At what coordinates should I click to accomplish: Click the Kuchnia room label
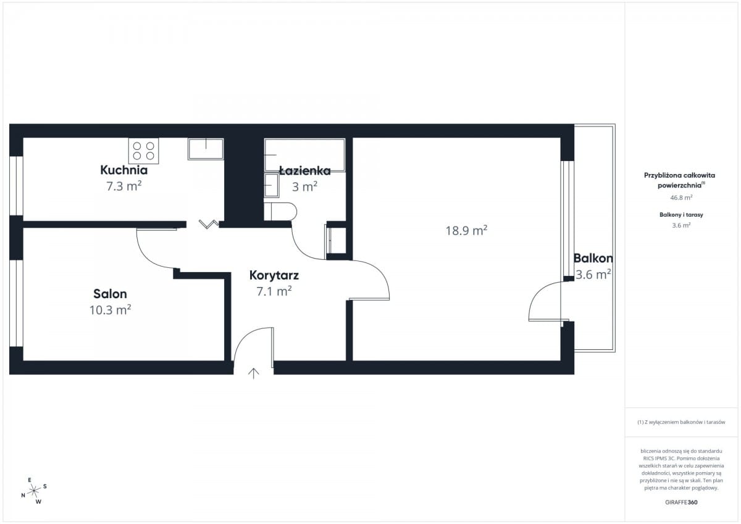(x=124, y=170)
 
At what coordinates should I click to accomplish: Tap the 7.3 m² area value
(x=124, y=186)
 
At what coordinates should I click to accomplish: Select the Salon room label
(x=110, y=294)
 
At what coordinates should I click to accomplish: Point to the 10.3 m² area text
(x=110, y=310)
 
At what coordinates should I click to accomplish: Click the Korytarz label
(x=274, y=275)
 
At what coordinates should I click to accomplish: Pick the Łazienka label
(x=305, y=170)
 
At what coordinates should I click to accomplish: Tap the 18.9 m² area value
(x=466, y=230)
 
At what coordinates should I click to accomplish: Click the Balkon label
(x=593, y=258)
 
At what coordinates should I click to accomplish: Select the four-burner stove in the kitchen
(x=143, y=151)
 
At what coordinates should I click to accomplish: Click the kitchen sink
(x=206, y=149)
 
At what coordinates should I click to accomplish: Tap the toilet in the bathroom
(x=280, y=212)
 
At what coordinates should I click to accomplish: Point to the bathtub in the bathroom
(x=304, y=155)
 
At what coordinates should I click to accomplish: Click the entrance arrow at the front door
(x=253, y=373)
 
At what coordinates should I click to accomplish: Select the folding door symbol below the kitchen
(x=209, y=224)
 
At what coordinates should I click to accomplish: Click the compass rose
(x=34, y=491)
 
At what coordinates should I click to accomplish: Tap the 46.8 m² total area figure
(x=681, y=198)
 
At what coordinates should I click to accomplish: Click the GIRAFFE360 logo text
(x=681, y=502)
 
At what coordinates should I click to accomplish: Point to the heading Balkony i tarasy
(x=681, y=215)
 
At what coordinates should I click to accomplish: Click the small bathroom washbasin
(x=272, y=185)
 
